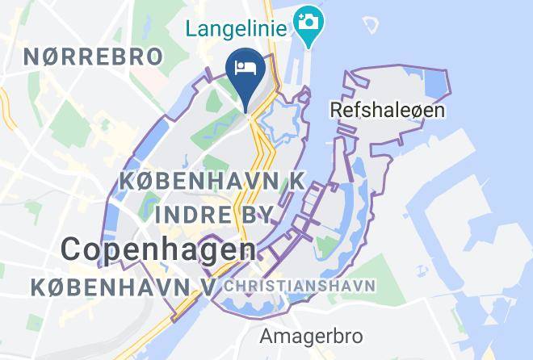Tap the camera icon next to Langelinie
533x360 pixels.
point(307,19)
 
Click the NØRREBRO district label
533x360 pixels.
point(93,57)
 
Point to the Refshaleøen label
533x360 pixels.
point(388,108)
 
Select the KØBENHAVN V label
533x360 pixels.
point(121,287)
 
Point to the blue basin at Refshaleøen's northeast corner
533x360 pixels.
point(436,85)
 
